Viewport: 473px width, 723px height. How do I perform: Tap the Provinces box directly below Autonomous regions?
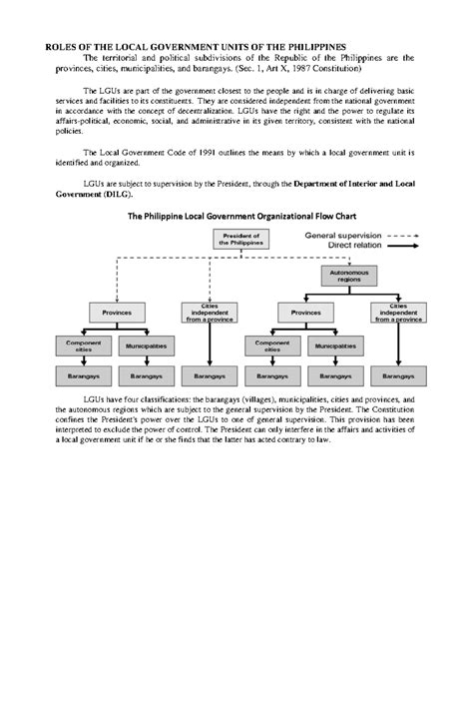[305, 313]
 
